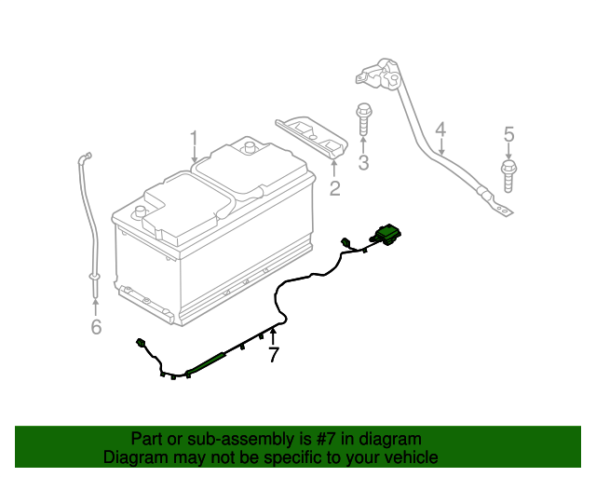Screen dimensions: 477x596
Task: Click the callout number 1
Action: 194,140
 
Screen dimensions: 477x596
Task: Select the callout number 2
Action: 334,190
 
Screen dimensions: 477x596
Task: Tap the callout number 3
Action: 363,164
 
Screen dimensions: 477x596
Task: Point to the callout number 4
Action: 440,129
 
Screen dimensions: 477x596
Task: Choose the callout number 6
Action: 95,326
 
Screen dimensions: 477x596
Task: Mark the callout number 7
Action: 273,355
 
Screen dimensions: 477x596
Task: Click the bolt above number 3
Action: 362,119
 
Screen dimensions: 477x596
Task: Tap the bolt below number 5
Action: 508,173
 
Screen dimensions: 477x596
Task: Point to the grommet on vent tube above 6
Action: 94,277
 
